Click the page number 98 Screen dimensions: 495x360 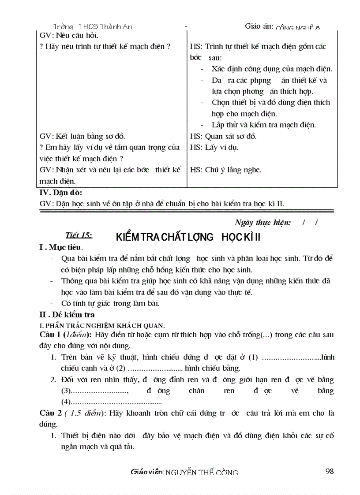[329, 471]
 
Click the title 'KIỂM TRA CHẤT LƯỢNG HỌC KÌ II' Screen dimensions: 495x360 [188, 237]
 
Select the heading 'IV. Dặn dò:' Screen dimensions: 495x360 [61, 192]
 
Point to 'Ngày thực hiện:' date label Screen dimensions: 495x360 [262, 223]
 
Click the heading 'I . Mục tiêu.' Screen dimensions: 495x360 [61, 248]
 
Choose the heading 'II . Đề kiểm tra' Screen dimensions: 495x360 [67, 315]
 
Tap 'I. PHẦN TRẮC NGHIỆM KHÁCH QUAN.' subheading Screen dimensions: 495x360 [102, 326]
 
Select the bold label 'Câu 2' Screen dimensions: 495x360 [49, 413]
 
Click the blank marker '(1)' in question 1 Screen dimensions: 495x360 [253, 357]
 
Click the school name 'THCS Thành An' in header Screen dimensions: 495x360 [105, 26]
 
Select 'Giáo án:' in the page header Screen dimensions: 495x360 [259, 26]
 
